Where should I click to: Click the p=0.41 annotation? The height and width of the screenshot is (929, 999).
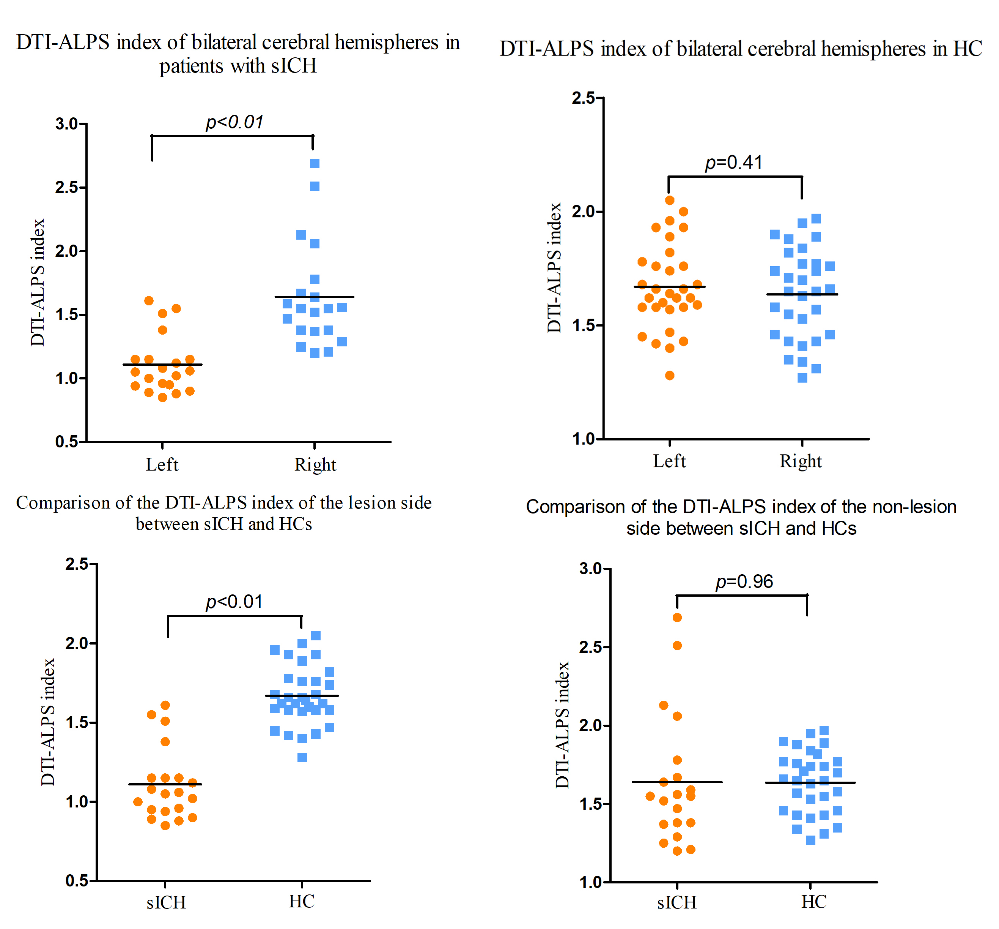(733, 163)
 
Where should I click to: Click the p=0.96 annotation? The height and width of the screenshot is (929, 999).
(744, 581)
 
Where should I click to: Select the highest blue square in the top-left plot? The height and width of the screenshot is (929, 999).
(315, 163)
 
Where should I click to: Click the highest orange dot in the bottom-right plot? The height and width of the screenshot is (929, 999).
(677, 617)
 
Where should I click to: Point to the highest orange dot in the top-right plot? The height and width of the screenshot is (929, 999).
(670, 200)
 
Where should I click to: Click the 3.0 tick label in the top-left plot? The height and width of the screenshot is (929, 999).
(67, 124)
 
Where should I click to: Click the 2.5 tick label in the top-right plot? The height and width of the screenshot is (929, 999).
(583, 98)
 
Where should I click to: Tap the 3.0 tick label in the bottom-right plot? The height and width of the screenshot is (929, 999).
(591, 569)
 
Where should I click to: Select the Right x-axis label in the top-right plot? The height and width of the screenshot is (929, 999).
(801, 461)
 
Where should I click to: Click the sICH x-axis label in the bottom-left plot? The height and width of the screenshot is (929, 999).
(166, 903)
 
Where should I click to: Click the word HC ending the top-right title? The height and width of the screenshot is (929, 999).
(968, 49)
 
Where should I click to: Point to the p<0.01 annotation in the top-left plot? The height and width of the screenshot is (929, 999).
(234, 122)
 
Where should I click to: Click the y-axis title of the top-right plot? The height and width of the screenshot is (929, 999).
(554, 267)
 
